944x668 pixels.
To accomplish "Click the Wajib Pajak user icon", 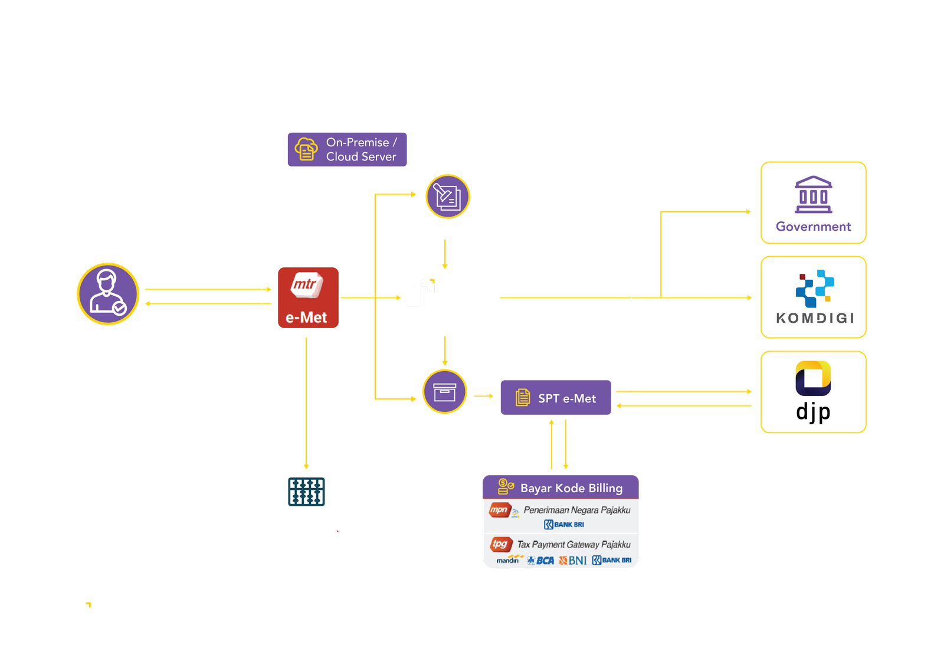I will pos(108,293).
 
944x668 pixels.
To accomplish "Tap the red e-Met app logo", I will pos(308,297).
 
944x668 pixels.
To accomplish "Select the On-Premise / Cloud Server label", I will pos(347,149).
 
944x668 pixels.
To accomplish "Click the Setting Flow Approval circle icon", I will pos(448,196).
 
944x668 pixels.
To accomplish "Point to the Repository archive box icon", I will pos(445,392).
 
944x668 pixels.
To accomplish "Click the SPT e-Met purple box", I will pos(556,398).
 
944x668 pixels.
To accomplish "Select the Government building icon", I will pos(813,195).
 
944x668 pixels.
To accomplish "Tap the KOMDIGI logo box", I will pos(813,297).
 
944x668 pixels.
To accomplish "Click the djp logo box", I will pos(813,392).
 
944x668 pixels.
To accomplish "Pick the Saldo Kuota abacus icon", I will pos(306,491).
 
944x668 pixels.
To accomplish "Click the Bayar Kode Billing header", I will pos(560,487).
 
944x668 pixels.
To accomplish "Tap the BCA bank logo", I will pos(541,560).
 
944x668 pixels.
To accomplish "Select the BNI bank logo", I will pos(573,560).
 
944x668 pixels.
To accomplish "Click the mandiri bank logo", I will pos(508,559).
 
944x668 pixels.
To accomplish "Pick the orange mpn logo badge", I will pos(499,509).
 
